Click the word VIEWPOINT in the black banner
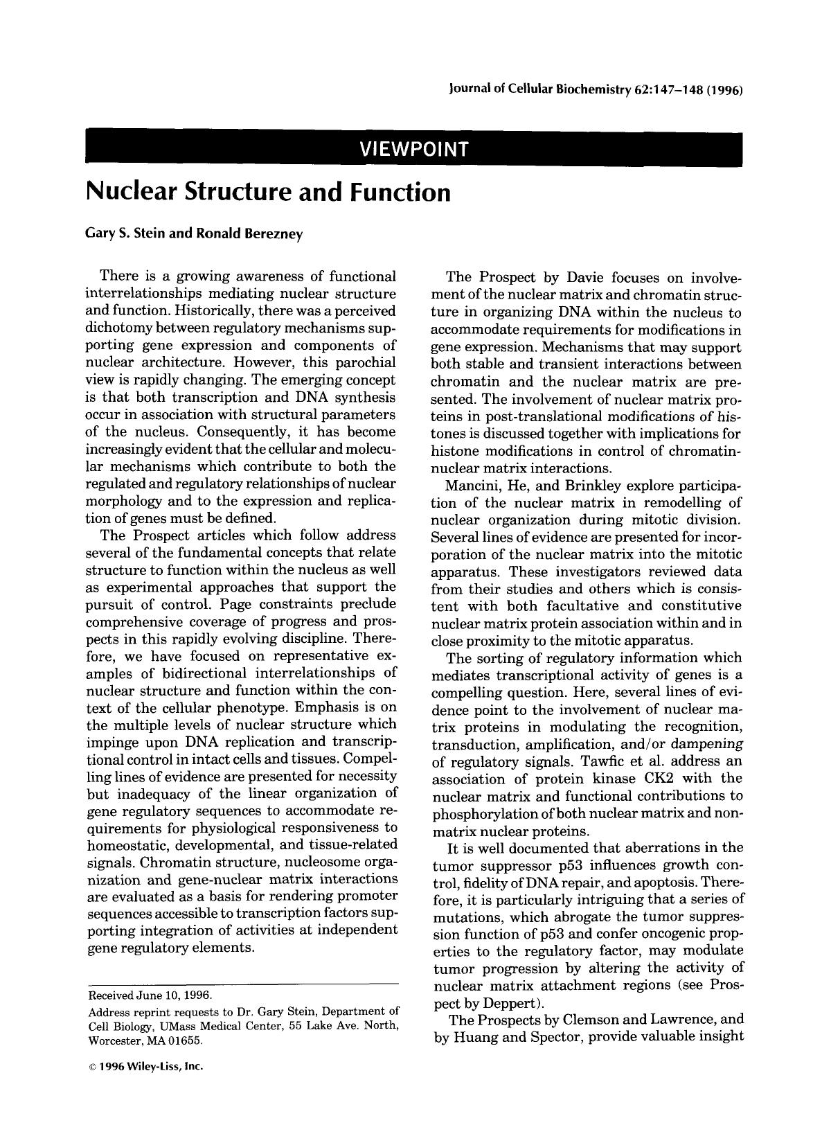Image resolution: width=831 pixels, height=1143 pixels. click(413, 149)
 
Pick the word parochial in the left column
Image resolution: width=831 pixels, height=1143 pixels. click(365, 362)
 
